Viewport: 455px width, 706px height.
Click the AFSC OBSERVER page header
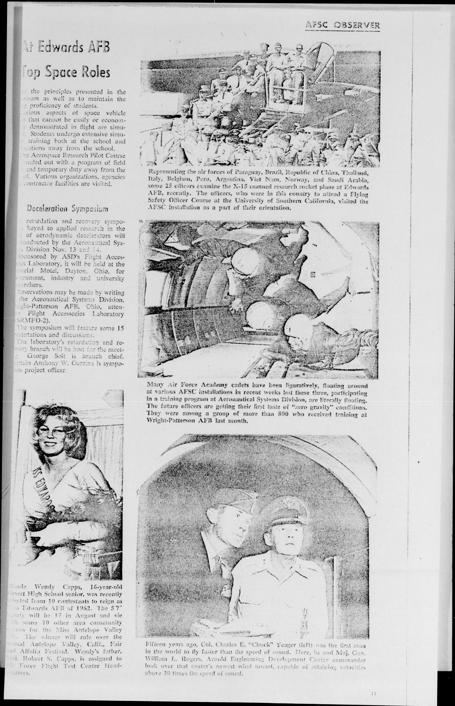pos(343,25)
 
